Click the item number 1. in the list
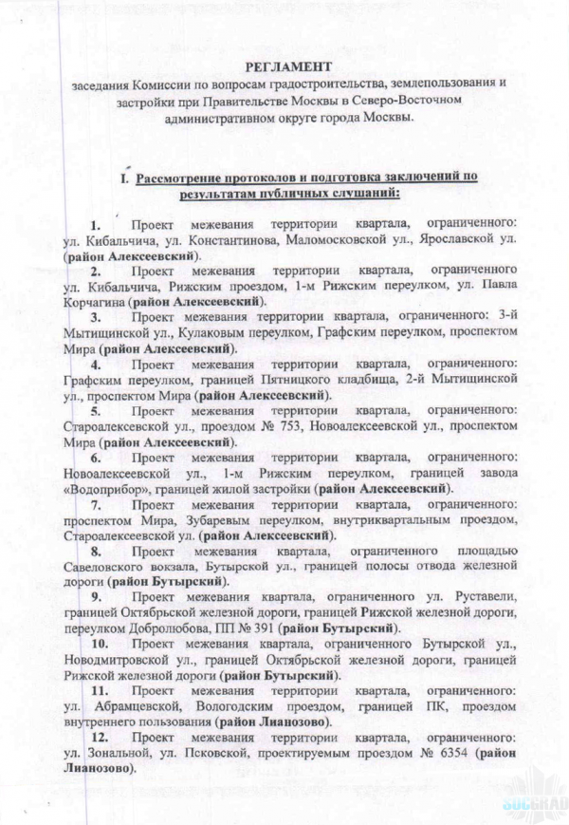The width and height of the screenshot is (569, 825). [x=96, y=225]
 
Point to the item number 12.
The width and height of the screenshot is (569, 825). [x=99, y=737]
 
